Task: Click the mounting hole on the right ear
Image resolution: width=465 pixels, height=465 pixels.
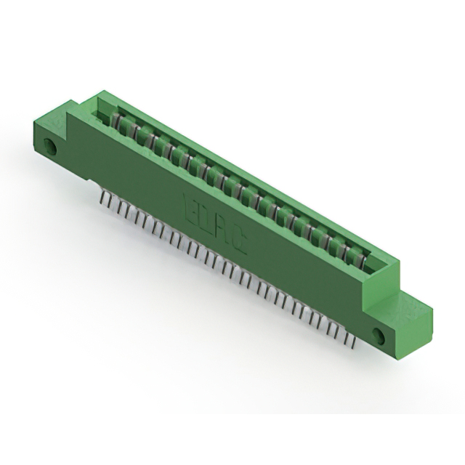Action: click(378, 335)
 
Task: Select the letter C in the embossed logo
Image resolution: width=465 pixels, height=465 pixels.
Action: click(238, 243)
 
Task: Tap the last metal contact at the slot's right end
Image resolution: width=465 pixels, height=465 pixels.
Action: click(360, 256)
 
